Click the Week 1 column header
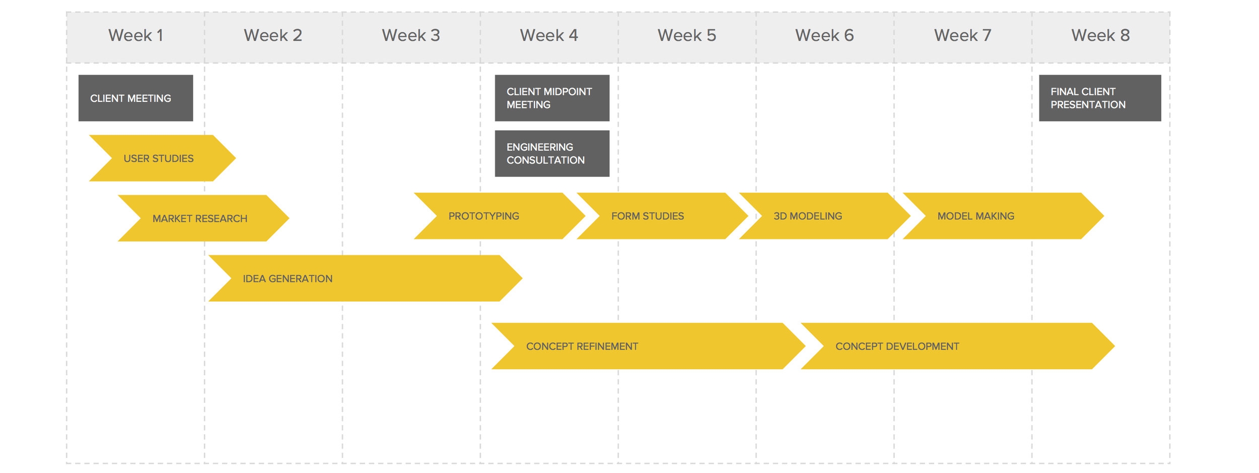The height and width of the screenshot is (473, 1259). tap(135, 35)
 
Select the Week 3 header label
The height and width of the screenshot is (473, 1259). tap(411, 35)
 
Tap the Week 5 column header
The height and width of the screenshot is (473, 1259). tap(686, 35)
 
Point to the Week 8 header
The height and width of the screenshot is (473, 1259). tap(1100, 35)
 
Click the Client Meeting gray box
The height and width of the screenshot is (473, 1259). tap(135, 98)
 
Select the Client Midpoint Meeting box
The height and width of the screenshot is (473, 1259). tap(552, 98)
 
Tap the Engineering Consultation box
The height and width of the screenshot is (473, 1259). tap(552, 153)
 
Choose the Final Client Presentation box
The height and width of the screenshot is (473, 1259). tap(1100, 98)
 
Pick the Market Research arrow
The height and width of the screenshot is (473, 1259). tap(203, 218)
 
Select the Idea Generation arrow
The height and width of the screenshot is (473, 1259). tap(365, 278)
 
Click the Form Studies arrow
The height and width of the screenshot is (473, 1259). tap(662, 216)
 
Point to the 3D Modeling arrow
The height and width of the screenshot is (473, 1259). tap(825, 216)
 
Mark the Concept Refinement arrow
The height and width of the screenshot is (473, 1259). tap(649, 346)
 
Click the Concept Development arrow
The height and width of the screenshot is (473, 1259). tap(958, 346)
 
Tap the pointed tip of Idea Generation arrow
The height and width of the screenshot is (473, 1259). tap(522, 278)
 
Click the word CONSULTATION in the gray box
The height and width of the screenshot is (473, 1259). tap(545, 160)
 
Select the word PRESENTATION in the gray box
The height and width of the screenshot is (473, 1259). tap(1088, 105)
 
